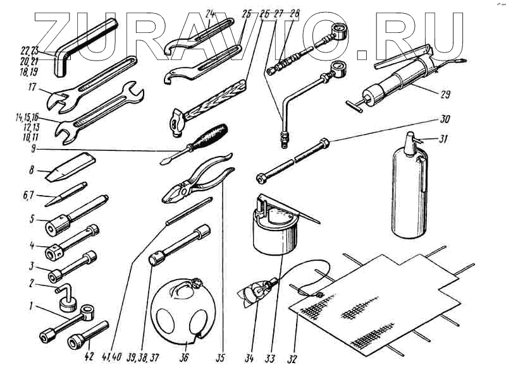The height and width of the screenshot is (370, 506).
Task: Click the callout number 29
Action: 445,95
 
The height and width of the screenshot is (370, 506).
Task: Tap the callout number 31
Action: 444,140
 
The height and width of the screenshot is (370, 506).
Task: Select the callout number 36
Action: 184,357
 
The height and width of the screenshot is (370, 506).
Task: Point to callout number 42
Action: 89,357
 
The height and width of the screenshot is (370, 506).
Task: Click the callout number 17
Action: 32,87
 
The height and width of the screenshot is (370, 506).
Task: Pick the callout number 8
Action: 31,170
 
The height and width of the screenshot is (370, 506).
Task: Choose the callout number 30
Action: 445,119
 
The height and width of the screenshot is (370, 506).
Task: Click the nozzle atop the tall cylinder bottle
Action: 410,141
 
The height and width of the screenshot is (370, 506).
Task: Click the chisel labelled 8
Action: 70,167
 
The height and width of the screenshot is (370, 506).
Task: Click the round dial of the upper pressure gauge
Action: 340,31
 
